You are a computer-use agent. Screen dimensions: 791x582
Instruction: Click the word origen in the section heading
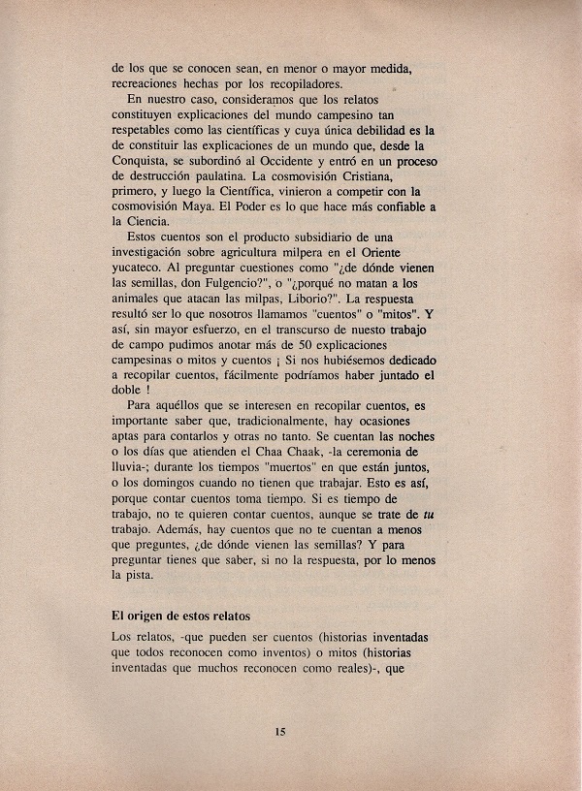[x=152, y=614]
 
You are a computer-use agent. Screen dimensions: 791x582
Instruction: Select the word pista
[x=147, y=576]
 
